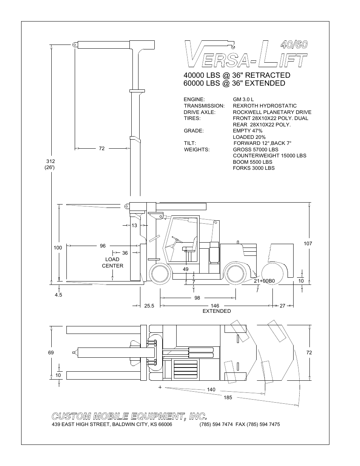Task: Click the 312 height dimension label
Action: pos(50,161)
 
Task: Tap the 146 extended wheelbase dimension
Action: pos(215,306)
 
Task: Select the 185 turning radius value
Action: pos(228,397)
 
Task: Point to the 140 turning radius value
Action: pos(211,389)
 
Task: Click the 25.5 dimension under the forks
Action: pos(149,306)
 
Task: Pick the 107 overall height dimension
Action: pos(308,243)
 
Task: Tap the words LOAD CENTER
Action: pos(112,262)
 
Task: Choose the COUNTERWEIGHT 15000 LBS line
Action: pos(269,155)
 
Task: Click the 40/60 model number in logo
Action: pos(294,44)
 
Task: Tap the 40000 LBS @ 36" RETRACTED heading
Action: pos(237,75)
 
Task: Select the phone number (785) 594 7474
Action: pos(216,424)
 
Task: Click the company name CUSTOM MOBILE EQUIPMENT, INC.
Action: pos(129,416)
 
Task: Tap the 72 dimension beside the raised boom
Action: pos(102,149)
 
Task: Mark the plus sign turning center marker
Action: pos(160,387)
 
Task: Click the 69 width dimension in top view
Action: pos(51,352)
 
